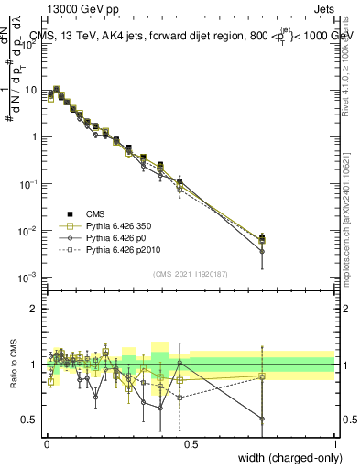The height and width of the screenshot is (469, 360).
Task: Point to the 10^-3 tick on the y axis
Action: click(x=29, y=276)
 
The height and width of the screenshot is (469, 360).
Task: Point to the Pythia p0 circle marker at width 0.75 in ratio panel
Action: click(x=263, y=419)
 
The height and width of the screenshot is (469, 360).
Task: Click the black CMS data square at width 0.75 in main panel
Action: click(x=263, y=237)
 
